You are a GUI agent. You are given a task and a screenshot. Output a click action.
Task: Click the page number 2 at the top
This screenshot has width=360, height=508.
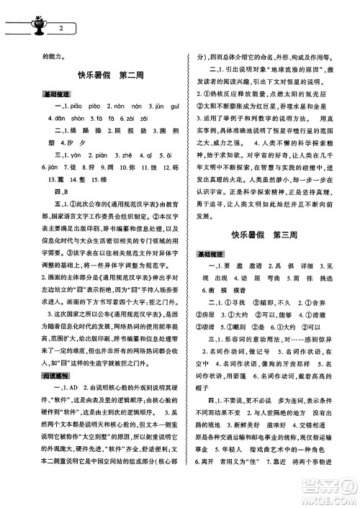pyautogui.click(x=63, y=27)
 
